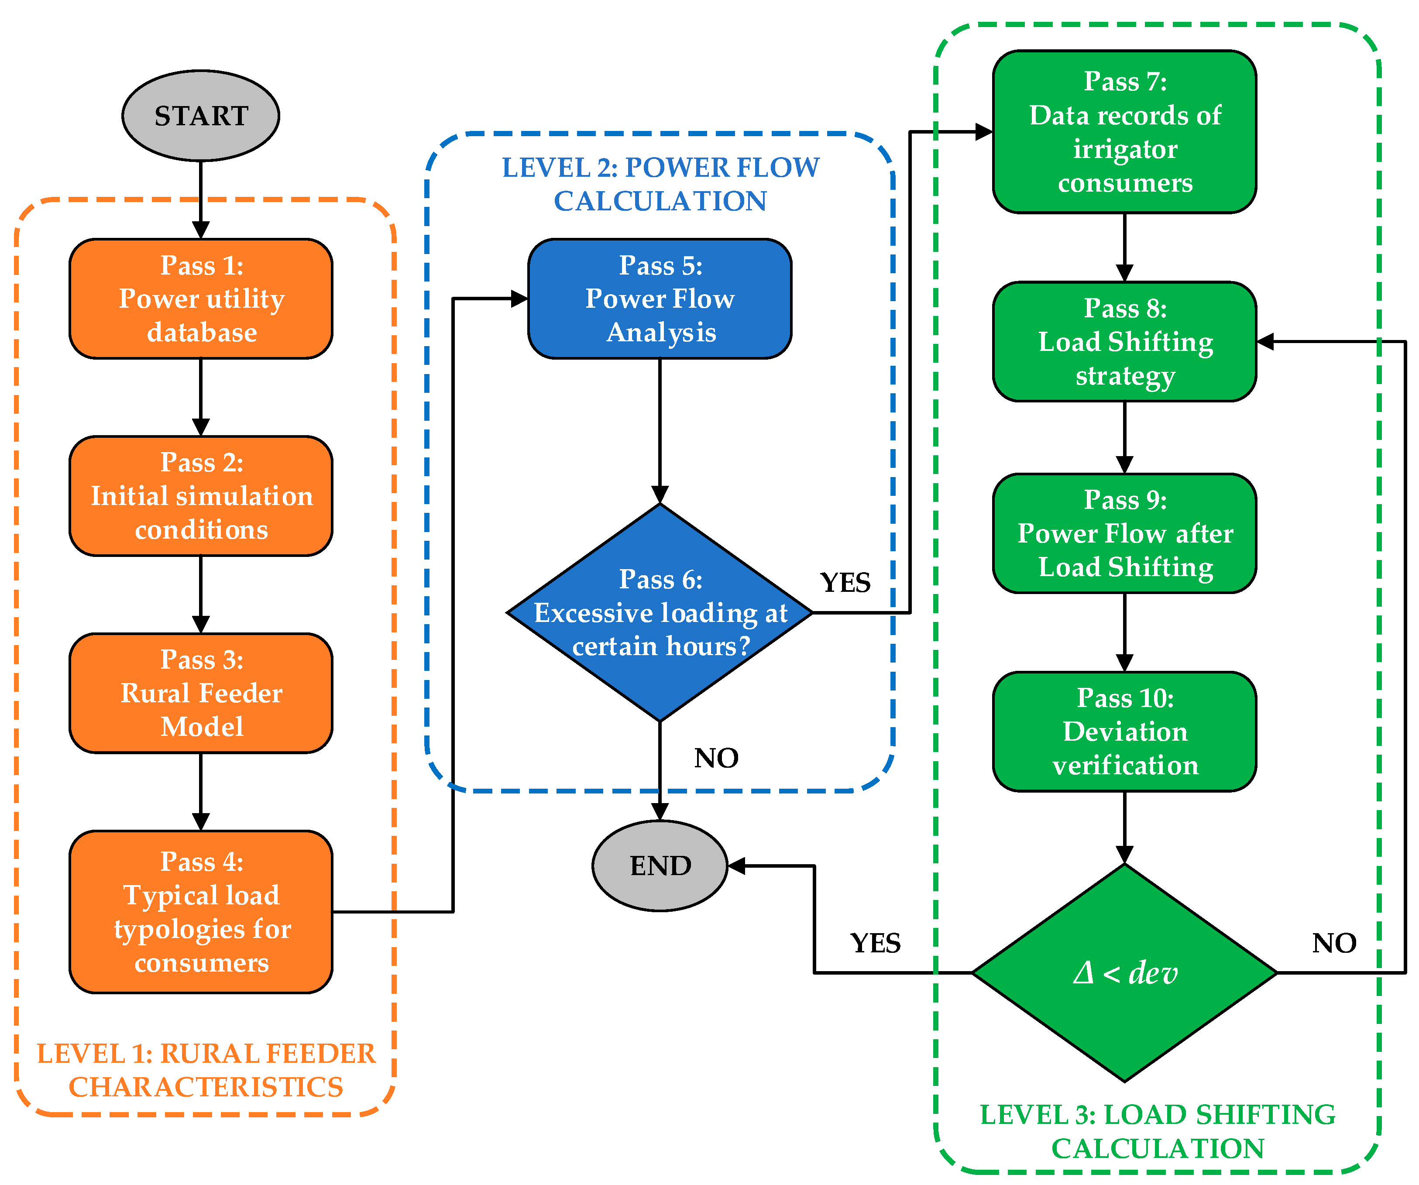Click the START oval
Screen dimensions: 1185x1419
click(x=201, y=116)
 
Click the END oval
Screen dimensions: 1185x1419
click(x=660, y=866)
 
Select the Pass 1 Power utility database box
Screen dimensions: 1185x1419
click(x=201, y=298)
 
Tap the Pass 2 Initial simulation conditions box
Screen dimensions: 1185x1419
click(x=201, y=495)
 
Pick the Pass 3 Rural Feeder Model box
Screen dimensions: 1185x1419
click(x=201, y=693)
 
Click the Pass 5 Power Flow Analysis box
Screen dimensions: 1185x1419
click(x=660, y=298)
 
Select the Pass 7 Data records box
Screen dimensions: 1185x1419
click(x=1124, y=132)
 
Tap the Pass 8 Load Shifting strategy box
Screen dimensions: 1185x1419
click(x=1124, y=341)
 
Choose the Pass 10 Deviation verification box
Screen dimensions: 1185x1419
click(x=1124, y=731)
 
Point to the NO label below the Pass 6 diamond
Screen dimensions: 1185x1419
click(x=716, y=758)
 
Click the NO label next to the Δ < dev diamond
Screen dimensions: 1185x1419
click(x=1334, y=943)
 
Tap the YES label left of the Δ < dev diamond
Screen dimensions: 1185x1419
click(x=875, y=943)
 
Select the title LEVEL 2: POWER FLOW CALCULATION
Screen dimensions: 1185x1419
click(x=660, y=184)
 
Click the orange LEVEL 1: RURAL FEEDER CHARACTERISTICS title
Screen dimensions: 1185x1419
click(x=206, y=1070)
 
